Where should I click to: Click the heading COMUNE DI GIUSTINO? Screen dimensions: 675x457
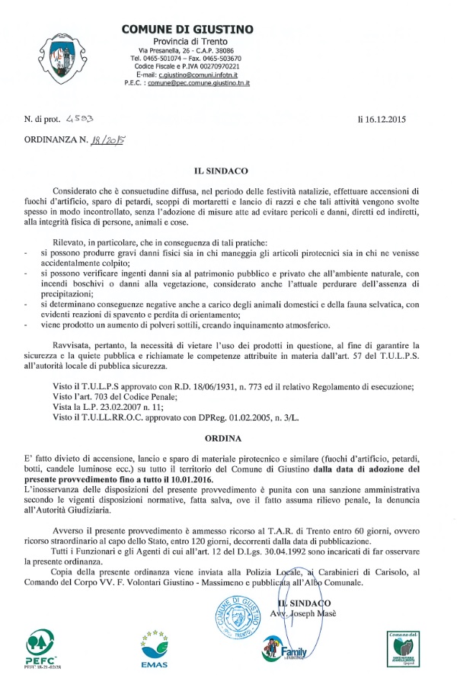187,29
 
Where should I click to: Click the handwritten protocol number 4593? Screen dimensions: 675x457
79,119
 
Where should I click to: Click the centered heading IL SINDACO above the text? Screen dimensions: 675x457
228,172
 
